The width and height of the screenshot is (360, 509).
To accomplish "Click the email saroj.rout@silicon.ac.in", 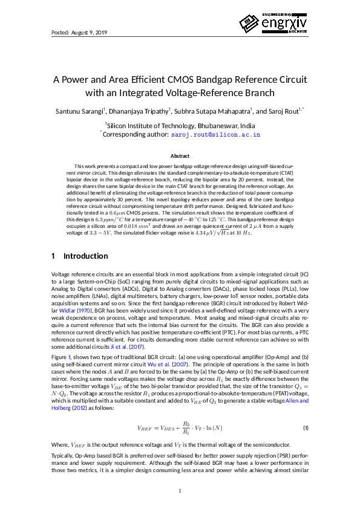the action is click(x=217, y=135).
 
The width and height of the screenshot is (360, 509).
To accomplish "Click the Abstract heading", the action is click(x=180, y=156).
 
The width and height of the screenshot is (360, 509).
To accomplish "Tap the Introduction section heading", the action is click(x=86, y=256).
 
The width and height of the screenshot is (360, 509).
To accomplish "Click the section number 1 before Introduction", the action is click(x=53, y=256).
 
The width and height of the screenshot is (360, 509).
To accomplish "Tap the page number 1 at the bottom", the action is click(x=180, y=490).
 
